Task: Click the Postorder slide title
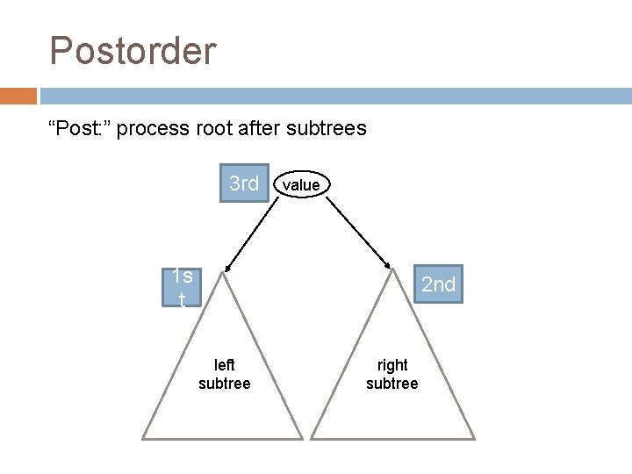coord(133,51)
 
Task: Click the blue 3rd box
coord(244,183)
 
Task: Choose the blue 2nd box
coord(438,284)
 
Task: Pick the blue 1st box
coord(183,287)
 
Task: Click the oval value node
coord(301,184)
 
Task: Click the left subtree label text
coord(225,374)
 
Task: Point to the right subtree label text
coord(392,374)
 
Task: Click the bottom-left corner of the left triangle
coord(145,437)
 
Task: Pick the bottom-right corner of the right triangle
coord(473,437)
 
